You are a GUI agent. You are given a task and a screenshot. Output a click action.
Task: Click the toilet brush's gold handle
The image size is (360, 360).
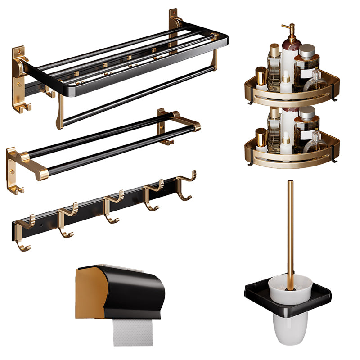(290, 225)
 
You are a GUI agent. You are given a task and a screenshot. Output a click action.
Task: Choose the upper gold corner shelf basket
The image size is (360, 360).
(292, 92)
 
